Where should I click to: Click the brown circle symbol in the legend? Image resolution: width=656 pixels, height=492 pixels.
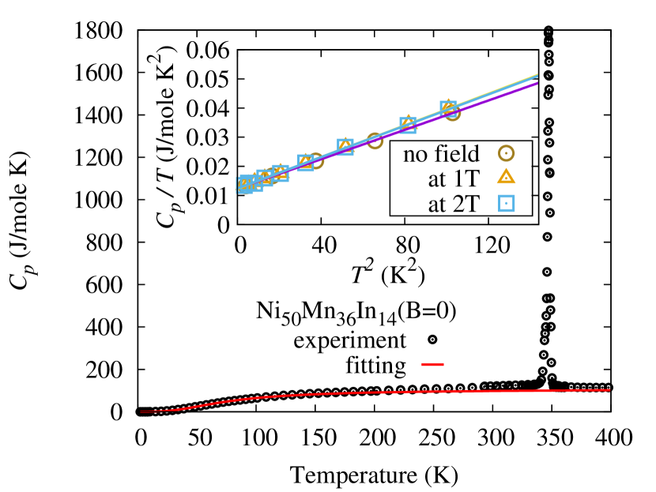(506, 153)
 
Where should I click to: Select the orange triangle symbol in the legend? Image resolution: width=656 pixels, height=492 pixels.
(506, 177)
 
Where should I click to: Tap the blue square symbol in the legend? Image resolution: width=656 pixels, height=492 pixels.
(507, 203)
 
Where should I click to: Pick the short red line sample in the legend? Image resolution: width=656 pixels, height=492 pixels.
(432, 364)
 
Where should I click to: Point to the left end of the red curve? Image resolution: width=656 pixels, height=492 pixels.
(141, 411)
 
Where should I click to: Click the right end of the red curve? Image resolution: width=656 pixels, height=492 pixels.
(609, 389)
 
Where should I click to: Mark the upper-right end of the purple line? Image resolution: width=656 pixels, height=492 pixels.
(537, 83)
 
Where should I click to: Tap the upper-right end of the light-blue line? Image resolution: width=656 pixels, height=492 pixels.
(537, 75)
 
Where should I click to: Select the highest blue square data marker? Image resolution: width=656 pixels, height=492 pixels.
(448, 108)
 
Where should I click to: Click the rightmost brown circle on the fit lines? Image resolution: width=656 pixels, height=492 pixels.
(452, 113)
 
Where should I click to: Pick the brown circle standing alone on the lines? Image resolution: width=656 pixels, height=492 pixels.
(375, 141)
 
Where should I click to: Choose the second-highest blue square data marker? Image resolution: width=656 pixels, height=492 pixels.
(408, 125)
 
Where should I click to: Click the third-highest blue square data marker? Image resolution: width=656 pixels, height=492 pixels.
(345, 147)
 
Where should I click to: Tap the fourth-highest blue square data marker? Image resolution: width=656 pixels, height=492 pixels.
(306, 163)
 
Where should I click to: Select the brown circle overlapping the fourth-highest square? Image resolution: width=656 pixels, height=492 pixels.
(315, 161)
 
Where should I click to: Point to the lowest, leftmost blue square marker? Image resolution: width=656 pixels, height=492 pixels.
(245, 185)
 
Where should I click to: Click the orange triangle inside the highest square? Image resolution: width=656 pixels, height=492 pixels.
(448, 106)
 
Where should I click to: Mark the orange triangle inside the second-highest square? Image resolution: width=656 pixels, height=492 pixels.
(407, 122)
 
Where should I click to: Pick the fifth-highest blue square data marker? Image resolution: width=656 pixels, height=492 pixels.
(281, 173)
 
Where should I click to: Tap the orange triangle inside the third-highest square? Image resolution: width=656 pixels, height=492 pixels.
(345, 145)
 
